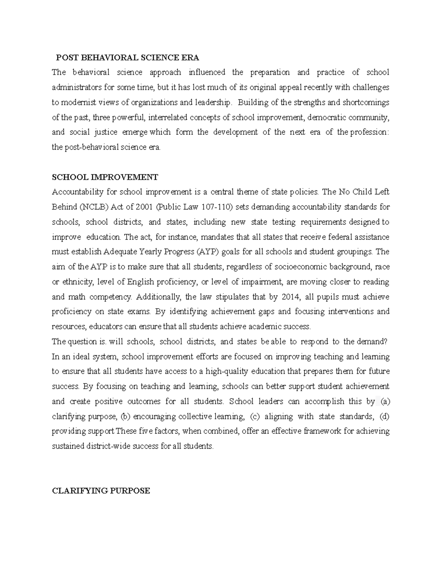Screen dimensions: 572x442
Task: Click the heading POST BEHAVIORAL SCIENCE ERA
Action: (x=127, y=57)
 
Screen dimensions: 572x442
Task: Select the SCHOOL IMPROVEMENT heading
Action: (x=105, y=177)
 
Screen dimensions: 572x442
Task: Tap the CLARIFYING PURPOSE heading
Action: (x=101, y=491)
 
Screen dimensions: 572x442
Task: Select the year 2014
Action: (x=288, y=297)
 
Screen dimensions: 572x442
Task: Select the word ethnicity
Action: (x=78, y=282)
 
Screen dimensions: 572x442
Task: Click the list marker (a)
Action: (x=385, y=401)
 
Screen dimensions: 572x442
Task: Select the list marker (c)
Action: (x=255, y=417)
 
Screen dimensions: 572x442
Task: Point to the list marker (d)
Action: (x=385, y=417)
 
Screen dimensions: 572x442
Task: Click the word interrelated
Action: (x=168, y=117)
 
